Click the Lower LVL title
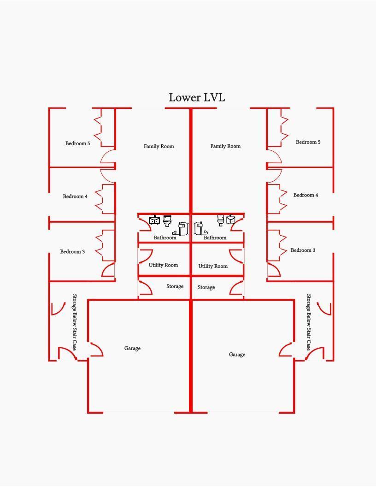pos(197,97)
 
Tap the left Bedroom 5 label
pos(77,143)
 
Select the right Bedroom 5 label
pos(308,142)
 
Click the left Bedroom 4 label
pos(75,196)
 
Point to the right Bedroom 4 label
pos(305,196)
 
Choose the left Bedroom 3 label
pos(72,252)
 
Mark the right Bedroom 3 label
pos(303,250)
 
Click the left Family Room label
pos(159,146)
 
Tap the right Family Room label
pos(225,146)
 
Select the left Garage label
pos(132,349)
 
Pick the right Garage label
pos(237,355)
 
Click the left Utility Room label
pos(163,265)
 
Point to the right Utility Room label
pos(213,266)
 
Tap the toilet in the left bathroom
pos(167,220)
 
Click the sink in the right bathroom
pos(231,219)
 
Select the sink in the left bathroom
pos(154,220)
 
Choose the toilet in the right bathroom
pos(221,220)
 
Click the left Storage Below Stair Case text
pos(75,322)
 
